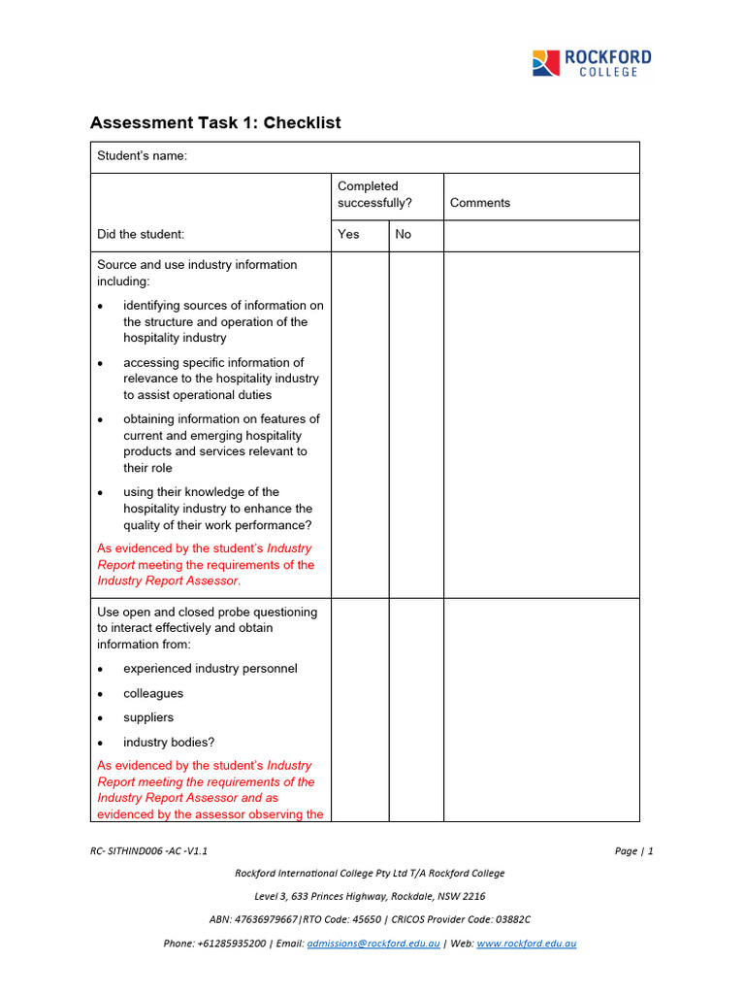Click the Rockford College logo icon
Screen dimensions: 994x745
[546, 63]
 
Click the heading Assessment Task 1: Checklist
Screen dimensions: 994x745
[215, 123]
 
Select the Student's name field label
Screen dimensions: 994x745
[142, 157]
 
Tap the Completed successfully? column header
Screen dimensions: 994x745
[374, 194]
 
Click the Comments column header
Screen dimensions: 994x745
[480, 203]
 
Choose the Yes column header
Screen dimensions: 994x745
[348, 234]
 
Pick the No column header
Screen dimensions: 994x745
[404, 234]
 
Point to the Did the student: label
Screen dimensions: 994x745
[141, 234]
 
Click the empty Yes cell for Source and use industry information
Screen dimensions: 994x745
[360, 424]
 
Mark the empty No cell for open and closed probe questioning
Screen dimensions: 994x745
[416, 709]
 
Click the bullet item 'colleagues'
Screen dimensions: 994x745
[153, 694]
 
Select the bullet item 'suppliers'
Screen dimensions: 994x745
[148, 717]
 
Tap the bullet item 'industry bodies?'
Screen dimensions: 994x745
[169, 743]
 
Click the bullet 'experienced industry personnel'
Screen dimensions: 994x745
[211, 669]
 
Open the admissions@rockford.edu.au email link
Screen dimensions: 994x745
[373, 944]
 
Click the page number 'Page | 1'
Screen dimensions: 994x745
[633, 851]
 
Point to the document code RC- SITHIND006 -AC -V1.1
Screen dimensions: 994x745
[148, 851]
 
